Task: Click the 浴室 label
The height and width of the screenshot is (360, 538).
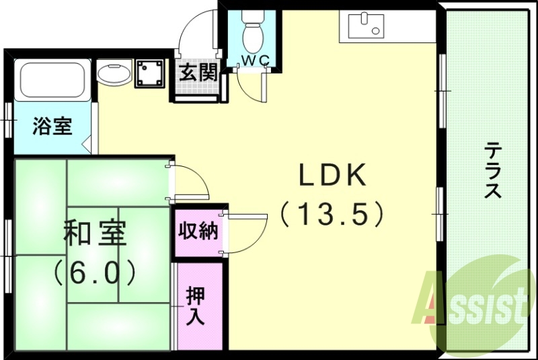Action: pos(53,126)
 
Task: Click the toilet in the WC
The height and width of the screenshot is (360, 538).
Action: pos(254,32)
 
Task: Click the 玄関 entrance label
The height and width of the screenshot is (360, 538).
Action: pos(198,72)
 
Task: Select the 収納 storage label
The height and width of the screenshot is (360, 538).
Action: pos(198,231)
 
